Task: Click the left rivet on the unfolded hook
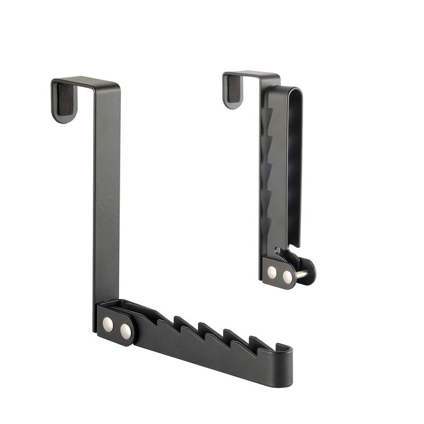(x=108, y=323)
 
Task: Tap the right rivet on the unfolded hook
(x=126, y=331)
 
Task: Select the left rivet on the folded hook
(x=271, y=272)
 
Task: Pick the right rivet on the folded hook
(x=287, y=276)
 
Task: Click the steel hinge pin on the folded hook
(x=301, y=274)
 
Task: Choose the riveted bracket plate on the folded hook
(x=279, y=273)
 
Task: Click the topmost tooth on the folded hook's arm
(x=269, y=114)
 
